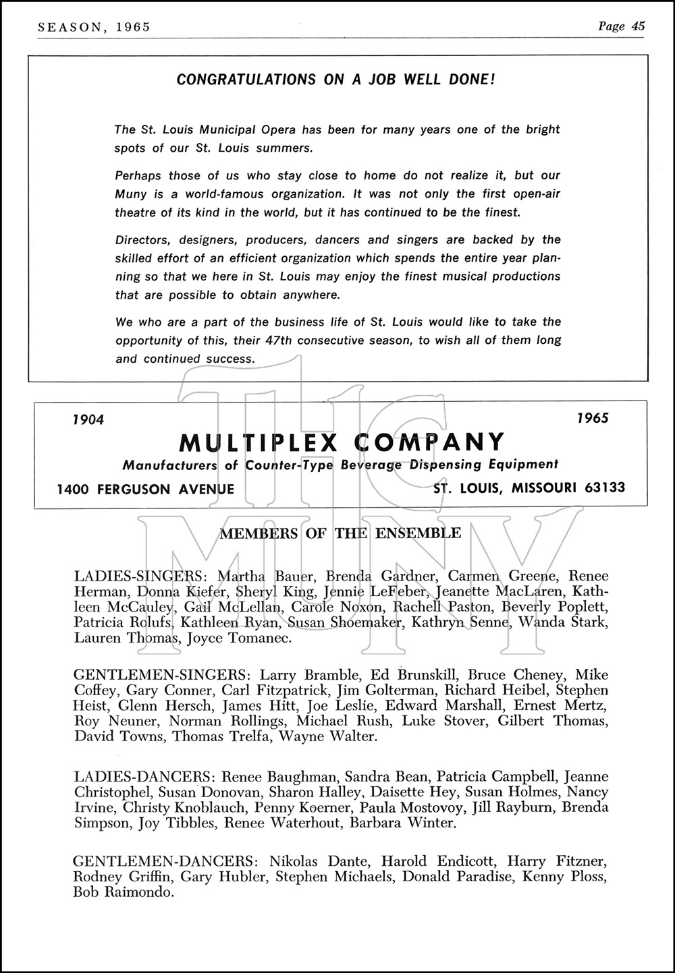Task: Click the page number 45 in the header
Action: [638, 26]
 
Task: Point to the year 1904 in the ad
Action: [88, 419]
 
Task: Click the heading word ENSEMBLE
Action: [418, 533]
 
